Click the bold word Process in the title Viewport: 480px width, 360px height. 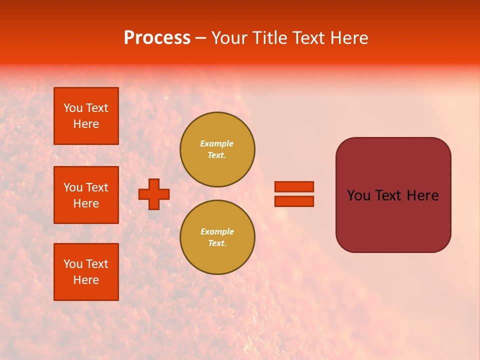(x=157, y=38)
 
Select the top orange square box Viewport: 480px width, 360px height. (x=86, y=116)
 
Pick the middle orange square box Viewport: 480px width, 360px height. (x=86, y=195)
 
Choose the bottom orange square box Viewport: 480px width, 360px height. (x=86, y=272)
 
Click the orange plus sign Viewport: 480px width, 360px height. (x=154, y=194)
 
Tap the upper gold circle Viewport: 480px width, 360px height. (x=217, y=149)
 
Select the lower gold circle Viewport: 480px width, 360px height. (x=217, y=237)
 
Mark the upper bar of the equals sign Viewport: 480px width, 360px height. (x=294, y=186)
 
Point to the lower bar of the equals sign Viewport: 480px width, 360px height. (x=294, y=201)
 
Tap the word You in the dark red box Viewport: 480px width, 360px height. (x=358, y=195)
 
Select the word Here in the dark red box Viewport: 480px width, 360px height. (x=422, y=195)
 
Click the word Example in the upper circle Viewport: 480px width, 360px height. (x=217, y=143)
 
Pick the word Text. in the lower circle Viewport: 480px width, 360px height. (x=217, y=243)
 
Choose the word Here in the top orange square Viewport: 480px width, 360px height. (x=86, y=124)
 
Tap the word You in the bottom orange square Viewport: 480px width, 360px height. (x=73, y=264)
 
